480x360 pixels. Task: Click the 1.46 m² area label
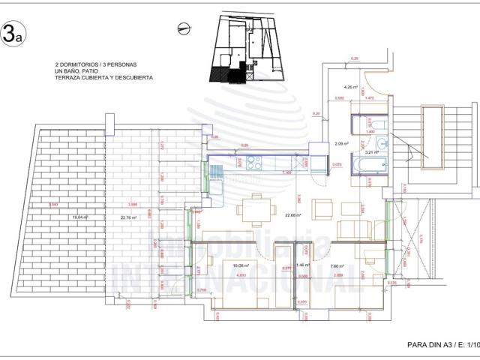[x=301, y=265]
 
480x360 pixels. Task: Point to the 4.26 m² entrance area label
[x=348, y=86]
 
